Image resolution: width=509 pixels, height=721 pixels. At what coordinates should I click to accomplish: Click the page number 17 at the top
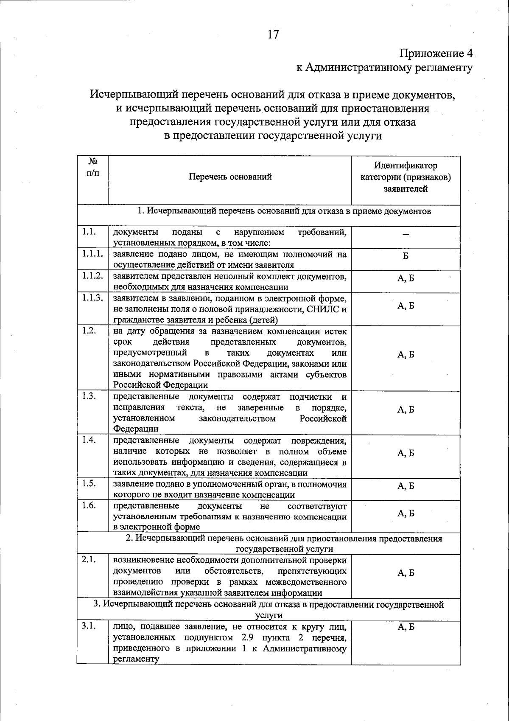coord(273,34)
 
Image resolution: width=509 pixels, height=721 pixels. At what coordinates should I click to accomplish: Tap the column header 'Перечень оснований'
coord(230,177)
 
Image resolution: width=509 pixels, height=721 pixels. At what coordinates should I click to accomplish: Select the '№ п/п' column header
coord(93,167)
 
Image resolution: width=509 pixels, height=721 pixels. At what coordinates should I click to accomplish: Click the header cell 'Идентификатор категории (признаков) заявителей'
coord(406,177)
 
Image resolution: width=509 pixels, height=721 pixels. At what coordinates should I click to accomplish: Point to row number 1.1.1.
coord(92,254)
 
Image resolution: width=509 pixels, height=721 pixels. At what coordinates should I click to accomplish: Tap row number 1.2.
coord(89,331)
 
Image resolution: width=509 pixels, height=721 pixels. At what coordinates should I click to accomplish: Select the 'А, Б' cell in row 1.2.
coord(406,355)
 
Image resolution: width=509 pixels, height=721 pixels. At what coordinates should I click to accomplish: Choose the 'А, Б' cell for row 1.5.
coord(406,486)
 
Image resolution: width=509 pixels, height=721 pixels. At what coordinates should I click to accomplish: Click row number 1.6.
coord(89,505)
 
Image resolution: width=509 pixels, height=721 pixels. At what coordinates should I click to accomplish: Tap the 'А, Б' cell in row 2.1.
coord(406,573)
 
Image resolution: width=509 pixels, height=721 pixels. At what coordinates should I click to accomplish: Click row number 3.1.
coord(89,626)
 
